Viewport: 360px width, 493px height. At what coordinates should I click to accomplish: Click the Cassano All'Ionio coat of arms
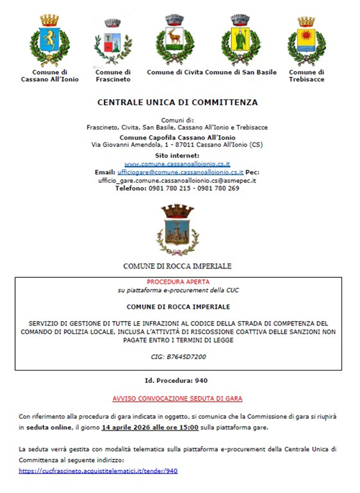(49, 40)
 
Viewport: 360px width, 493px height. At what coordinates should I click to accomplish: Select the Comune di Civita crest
(175, 40)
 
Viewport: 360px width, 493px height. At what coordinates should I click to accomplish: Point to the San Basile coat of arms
(240, 40)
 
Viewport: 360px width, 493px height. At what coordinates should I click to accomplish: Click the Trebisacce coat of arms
(307, 40)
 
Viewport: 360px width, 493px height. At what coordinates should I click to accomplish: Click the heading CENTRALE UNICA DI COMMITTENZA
(177, 103)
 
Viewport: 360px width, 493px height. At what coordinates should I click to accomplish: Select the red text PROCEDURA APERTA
(176, 282)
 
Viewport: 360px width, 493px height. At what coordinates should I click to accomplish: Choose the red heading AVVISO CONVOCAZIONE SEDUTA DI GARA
(177, 398)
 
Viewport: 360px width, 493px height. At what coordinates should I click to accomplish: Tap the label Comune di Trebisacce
(307, 76)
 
